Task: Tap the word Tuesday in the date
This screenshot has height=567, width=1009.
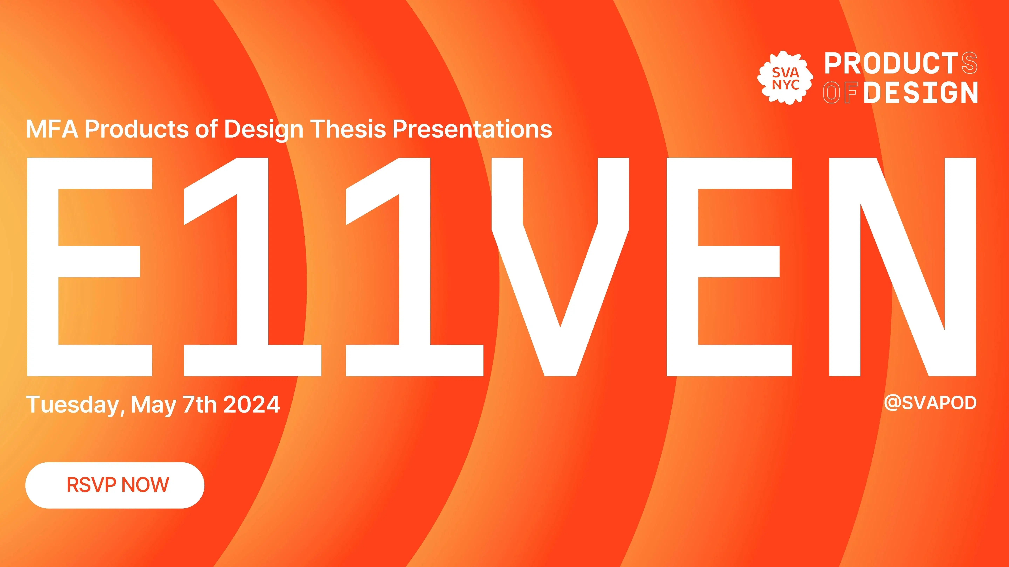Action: (73, 405)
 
